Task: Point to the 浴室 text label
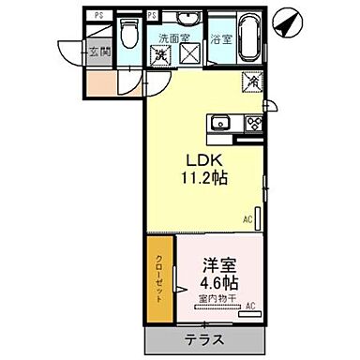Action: coord(221,40)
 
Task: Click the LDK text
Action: coord(208,157)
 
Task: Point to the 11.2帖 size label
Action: coord(208,175)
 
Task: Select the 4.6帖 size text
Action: coord(217,280)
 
